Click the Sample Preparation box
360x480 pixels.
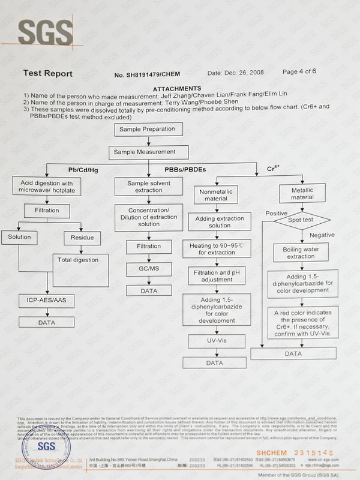(x=147, y=129)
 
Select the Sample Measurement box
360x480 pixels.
(x=145, y=152)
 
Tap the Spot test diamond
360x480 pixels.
(x=302, y=220)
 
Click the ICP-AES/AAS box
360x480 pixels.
(x=46, y=300)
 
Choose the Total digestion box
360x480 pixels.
(x=78, y=260)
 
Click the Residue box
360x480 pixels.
(x=82, y=238)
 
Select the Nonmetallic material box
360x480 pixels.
(x=215, y=194)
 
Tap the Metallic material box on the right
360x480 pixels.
(x=302, y=193)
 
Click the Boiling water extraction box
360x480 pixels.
(x=301, y=253)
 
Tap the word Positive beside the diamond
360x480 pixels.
(x=276, y=213)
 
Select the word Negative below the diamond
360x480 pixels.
(x=322, y=235)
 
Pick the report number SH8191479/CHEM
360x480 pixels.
(x=158, y=74)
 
